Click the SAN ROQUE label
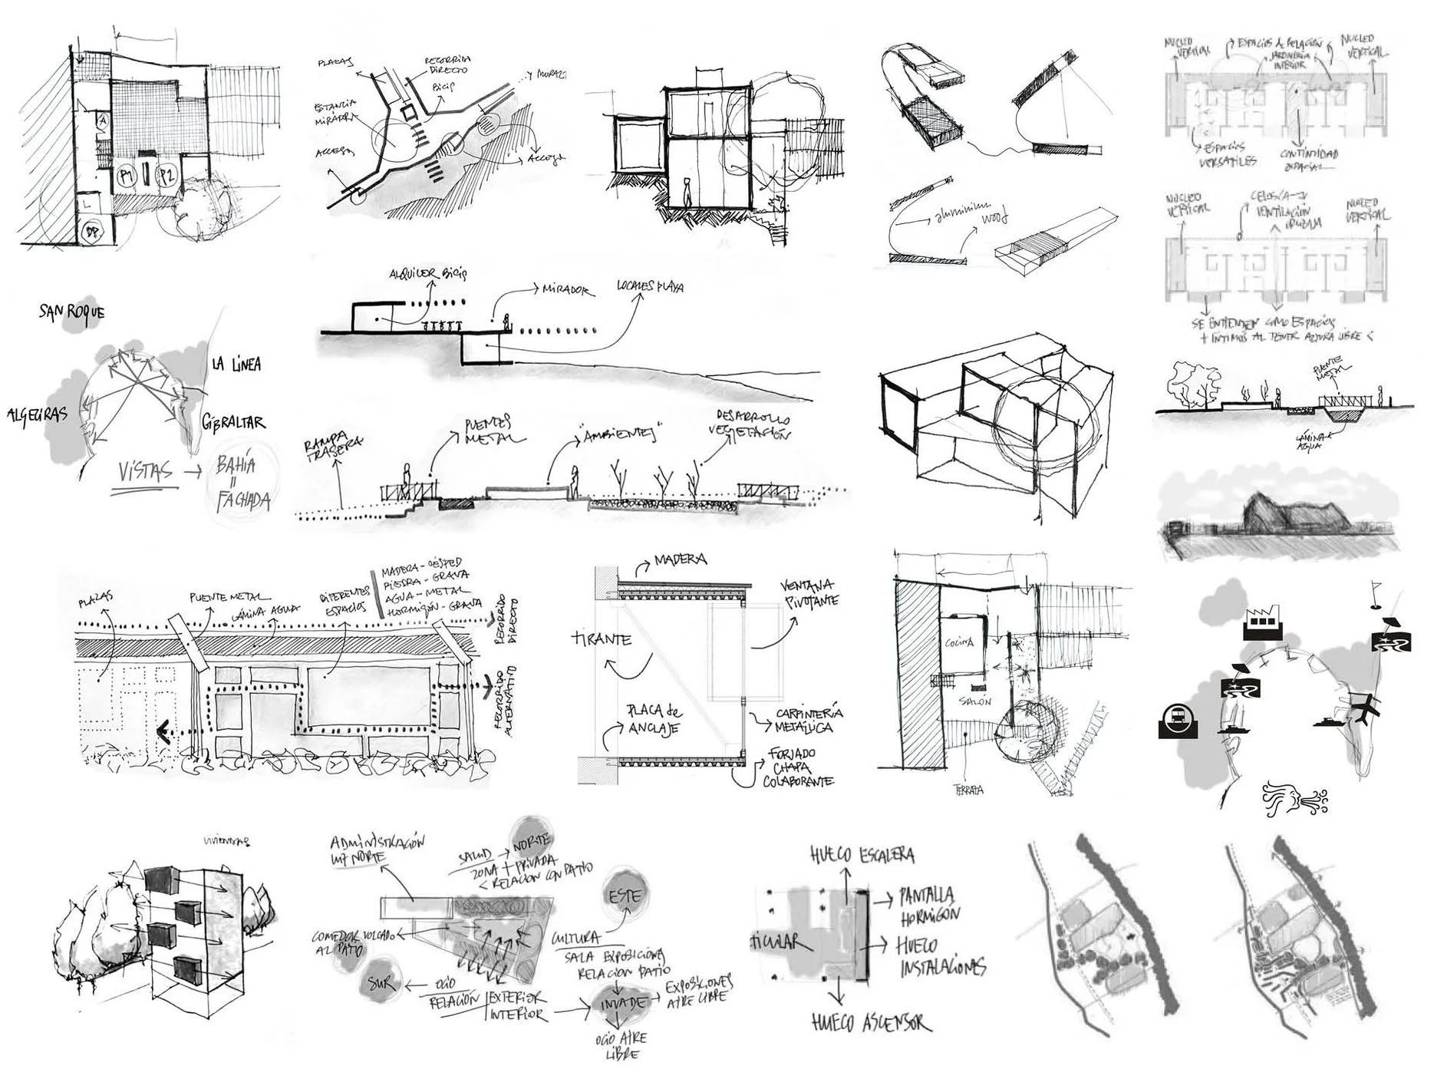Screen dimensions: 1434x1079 [71, 312]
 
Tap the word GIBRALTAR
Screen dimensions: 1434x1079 [234, 422]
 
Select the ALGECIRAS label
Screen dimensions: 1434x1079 [38, 415]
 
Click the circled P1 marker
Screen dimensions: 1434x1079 [127, 177]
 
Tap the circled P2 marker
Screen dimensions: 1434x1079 [166, 176]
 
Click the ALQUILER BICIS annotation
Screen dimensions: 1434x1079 [427, 274]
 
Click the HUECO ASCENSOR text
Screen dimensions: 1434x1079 [871, 1022]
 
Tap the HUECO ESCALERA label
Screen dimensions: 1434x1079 [862, 854]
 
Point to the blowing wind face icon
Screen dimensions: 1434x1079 [1294, 798]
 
